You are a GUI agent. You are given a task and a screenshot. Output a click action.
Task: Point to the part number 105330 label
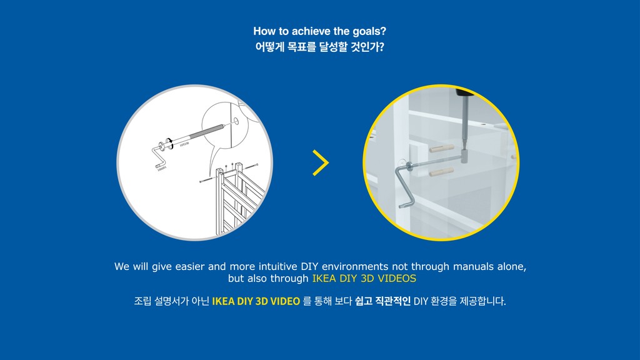tap(184, 144)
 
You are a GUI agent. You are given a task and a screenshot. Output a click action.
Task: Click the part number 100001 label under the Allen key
tap(162, 168)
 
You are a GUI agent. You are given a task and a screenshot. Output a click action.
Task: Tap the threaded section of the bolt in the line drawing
tap(207, 131)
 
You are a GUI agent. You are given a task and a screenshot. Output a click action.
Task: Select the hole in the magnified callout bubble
tap(236, 121)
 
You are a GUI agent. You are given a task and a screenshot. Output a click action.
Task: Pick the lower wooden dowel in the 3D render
tap(442, 172)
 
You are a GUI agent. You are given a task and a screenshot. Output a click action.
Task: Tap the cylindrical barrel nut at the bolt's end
tap(464, 156)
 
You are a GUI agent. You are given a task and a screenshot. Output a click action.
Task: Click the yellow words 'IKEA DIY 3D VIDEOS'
tap(364, 278)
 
